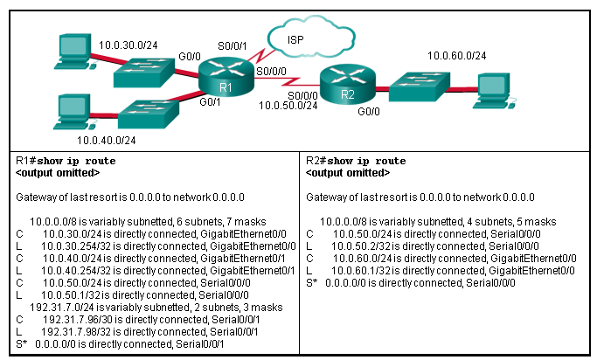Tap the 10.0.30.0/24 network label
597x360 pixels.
(x=127, y=43)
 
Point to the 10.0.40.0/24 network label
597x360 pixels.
(x=107, y=139)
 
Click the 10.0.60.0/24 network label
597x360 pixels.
(x=456, y=56)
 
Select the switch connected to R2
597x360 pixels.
(x=418, y=88)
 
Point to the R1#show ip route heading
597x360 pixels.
(x=66, y=162)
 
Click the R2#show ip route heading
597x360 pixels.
(x=355, y=162)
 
